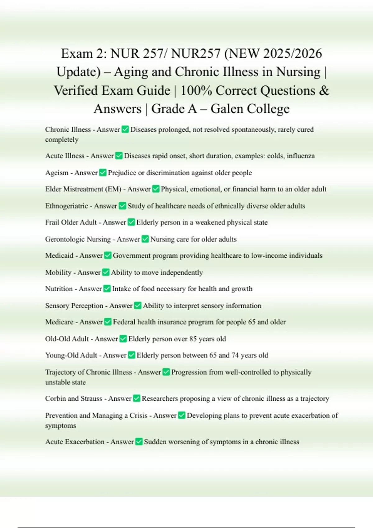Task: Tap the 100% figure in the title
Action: point(196,90)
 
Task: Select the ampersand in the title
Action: point(324,90)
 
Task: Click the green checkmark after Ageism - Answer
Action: point(103,172)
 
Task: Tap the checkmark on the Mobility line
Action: point(106,272)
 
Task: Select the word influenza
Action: point(301,156)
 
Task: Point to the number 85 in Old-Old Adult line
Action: point(193,339)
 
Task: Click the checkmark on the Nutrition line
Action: point(107,289)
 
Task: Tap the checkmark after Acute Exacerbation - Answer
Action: point(139,441)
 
